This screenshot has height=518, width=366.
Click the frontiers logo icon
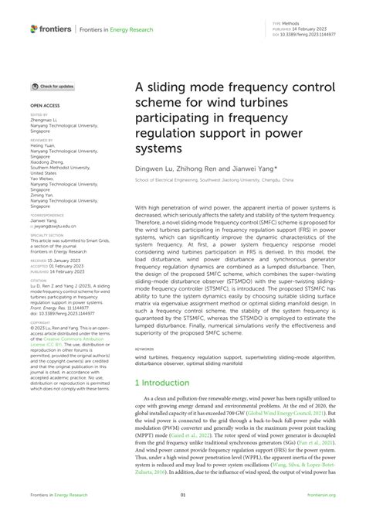[x=35, y=29]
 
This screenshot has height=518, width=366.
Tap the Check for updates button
[x=53, y=86]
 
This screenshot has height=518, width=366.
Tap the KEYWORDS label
[x=146, y=350]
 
